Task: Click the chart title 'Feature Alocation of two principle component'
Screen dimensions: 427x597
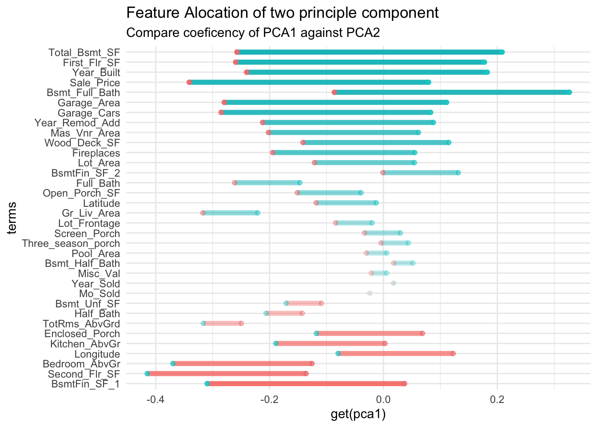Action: (283, 13)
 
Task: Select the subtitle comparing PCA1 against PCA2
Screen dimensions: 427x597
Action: (253, 33)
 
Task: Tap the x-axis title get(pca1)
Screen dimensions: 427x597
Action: (358, 415)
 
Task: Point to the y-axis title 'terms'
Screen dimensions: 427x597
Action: (12, 218)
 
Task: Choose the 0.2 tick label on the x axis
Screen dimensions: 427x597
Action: (497, 399)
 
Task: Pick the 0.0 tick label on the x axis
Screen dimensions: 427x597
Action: (383, 399)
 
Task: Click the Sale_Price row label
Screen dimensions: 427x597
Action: (95, 83)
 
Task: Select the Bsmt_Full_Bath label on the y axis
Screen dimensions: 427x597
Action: (84, 93)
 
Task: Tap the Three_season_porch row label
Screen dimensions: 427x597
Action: (71, 244)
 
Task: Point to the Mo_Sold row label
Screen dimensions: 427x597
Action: (99, 294)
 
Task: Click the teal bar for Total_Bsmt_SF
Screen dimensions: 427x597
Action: (369, 52)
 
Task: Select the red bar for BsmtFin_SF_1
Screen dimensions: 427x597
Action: (306, 383)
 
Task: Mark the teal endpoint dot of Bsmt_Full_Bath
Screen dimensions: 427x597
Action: (569, 92)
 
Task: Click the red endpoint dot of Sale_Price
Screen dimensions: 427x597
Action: (189, 82)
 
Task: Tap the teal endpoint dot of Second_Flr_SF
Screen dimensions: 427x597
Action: (147, 374)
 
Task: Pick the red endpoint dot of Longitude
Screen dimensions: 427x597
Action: (453, 354)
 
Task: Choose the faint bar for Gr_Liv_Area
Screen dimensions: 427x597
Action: (230, 213)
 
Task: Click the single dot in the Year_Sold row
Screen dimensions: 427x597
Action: (393, 283)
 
